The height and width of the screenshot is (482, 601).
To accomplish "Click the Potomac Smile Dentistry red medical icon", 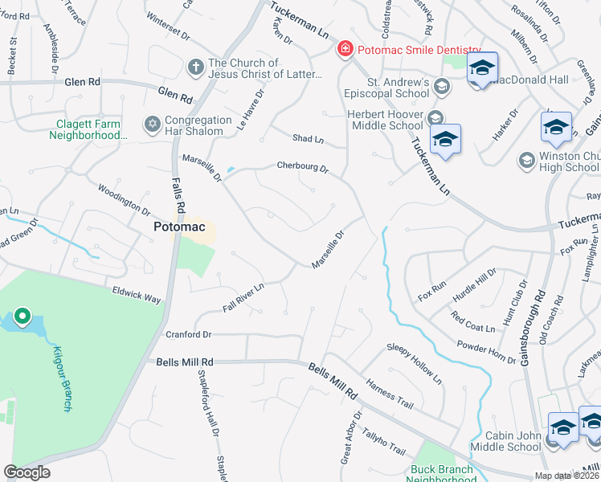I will coord(345,50).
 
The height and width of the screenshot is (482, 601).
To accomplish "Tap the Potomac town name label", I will coord(182,228).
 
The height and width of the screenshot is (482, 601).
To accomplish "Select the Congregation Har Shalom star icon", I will coord(152,124).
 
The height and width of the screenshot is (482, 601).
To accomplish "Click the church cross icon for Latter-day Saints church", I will coord(195,67).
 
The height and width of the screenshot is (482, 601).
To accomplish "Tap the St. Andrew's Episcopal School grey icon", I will coord(440,85).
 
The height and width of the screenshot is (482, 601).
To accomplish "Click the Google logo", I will coord(27,472).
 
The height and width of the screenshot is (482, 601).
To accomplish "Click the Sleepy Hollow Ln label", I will coord(414,361).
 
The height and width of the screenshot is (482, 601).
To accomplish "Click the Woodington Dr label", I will coord(124,198).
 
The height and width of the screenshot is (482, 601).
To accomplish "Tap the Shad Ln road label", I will coord(308,139).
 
